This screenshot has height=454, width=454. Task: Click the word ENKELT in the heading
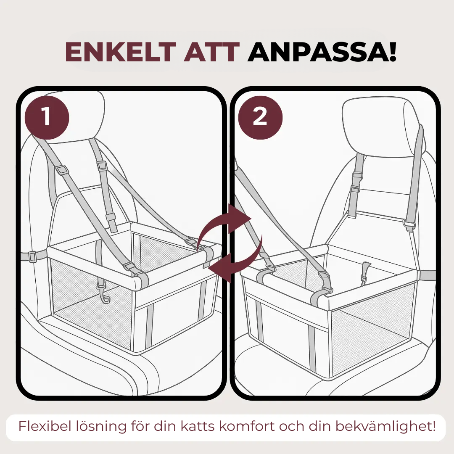(121, 52)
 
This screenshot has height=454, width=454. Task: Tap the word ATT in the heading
(211, 52)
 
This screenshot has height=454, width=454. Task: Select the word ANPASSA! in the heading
(322, 52)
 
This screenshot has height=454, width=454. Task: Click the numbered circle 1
(47, 117)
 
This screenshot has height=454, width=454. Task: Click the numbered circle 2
(260, 117)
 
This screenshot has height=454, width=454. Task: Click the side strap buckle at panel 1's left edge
(32, 256)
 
